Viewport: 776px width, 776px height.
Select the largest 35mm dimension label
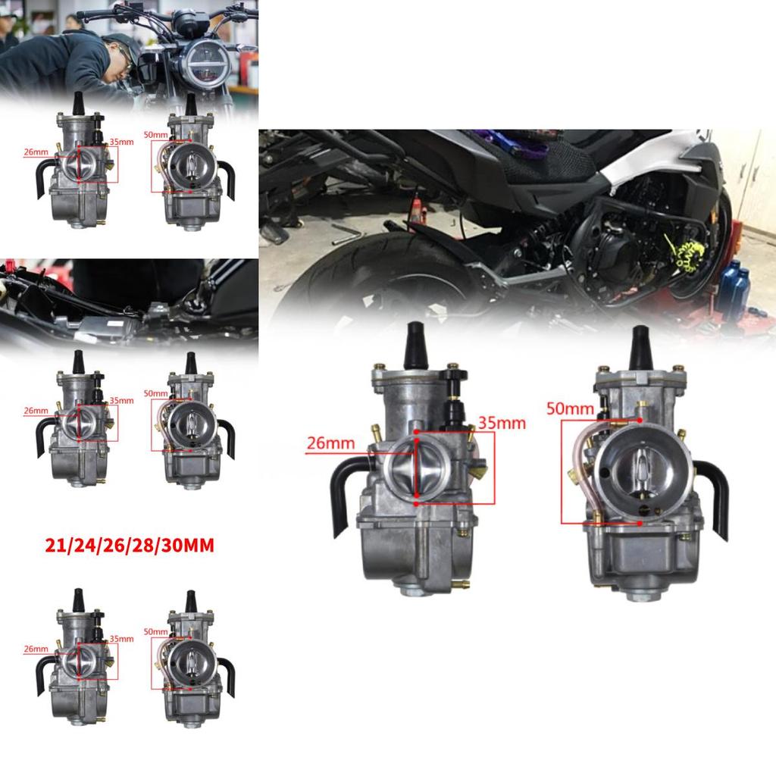pos(502,423)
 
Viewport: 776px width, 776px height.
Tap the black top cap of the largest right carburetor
pos(641,345)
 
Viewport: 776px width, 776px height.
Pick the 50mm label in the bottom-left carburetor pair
pos(155,631)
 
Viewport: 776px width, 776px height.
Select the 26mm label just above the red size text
pos(36,411)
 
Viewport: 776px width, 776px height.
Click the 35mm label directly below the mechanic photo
pos(121,142)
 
